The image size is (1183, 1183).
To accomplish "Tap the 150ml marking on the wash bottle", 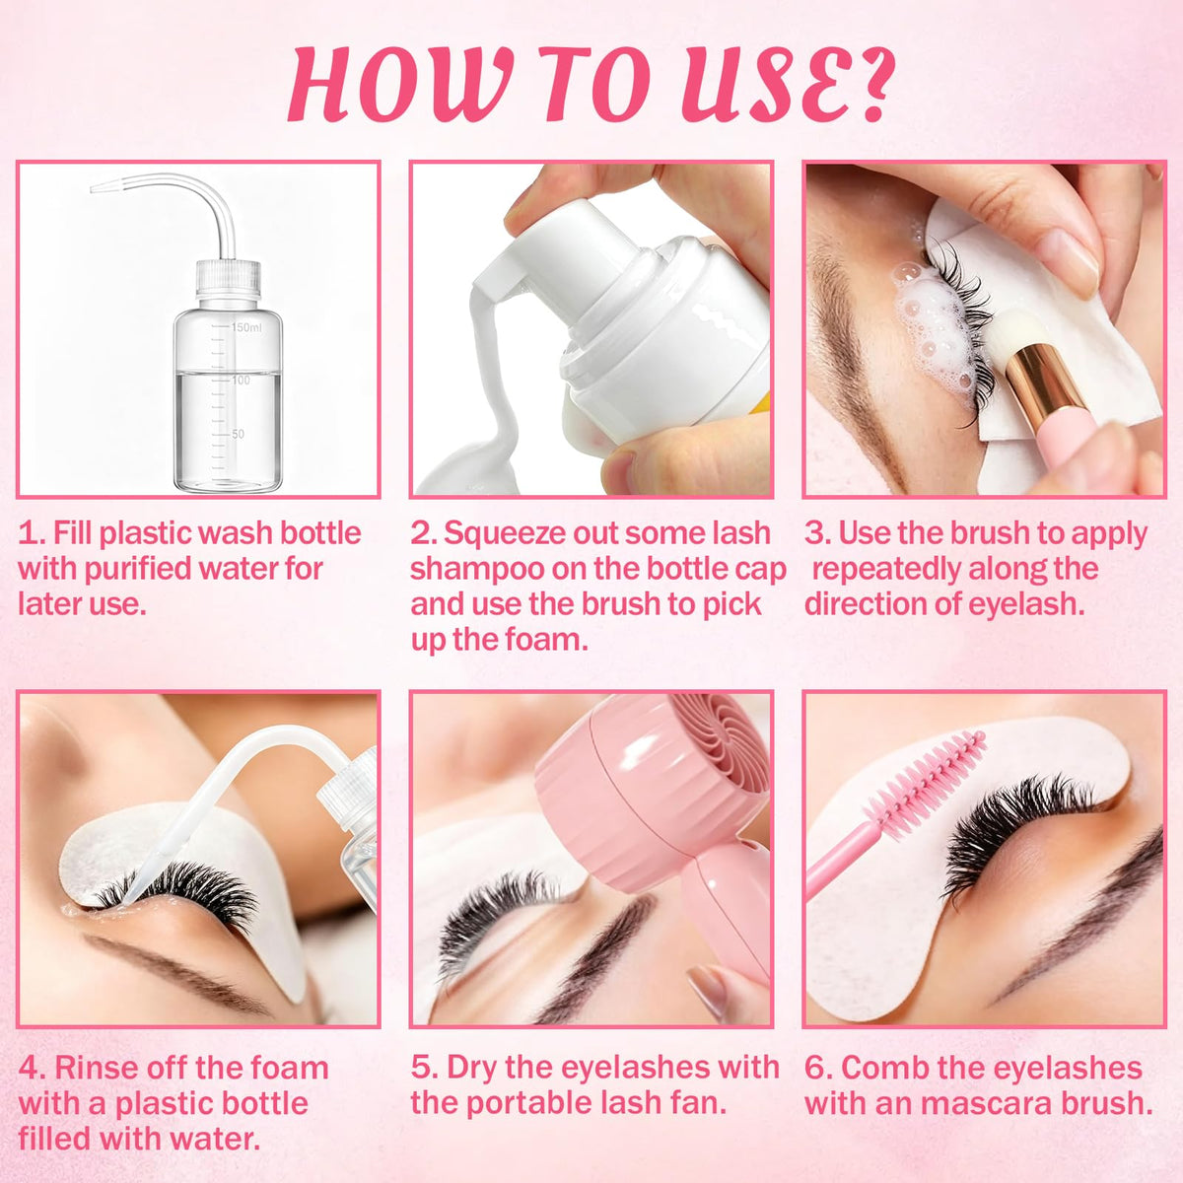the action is pyautogui.click(x=246, y=327).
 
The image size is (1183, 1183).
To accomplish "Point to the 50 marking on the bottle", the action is pyautogui.click(x=238, y=434).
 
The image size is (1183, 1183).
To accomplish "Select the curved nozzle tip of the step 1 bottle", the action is pyautogui.click(x=99, y=187).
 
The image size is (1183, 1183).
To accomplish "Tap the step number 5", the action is pyautogui.click(x=422, y=1068).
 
